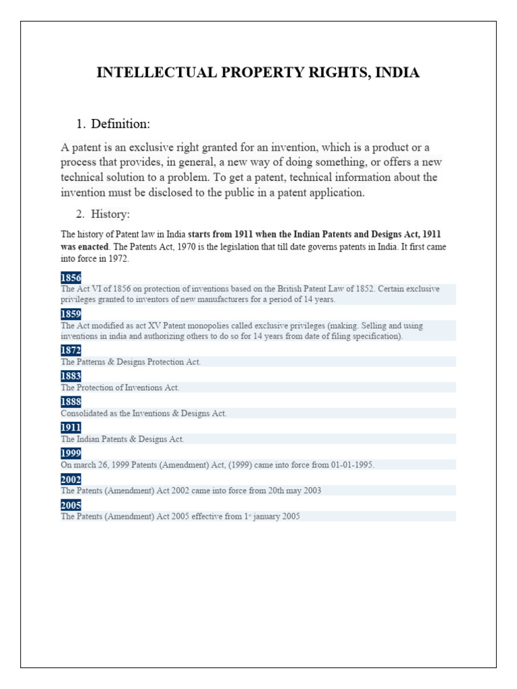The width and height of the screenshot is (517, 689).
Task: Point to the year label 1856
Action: tap(71, 277)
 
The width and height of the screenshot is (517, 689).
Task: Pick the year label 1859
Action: tap(71, 314)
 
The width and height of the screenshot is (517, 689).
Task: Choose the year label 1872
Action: tap(71, 351)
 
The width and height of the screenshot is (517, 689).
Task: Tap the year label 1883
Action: tap(71, 376)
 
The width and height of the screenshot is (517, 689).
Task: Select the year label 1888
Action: tap(71, 402)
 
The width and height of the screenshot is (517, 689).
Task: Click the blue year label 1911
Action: tap(71, 427)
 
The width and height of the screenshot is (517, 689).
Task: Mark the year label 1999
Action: tap(71, 453)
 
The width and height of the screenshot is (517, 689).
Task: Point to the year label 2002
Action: tap(71, 479)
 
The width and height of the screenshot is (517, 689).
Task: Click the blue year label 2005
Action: tap(71, 505)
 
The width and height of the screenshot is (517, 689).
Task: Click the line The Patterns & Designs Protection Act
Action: tap(131, 362)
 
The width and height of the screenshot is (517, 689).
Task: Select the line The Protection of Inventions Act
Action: tap(120, 388)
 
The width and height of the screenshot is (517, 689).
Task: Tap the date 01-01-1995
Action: tap(351, 465)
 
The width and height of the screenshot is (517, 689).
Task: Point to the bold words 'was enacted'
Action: tap(84, 246)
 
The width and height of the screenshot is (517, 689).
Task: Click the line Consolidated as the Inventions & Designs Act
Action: tap(143, 413)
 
